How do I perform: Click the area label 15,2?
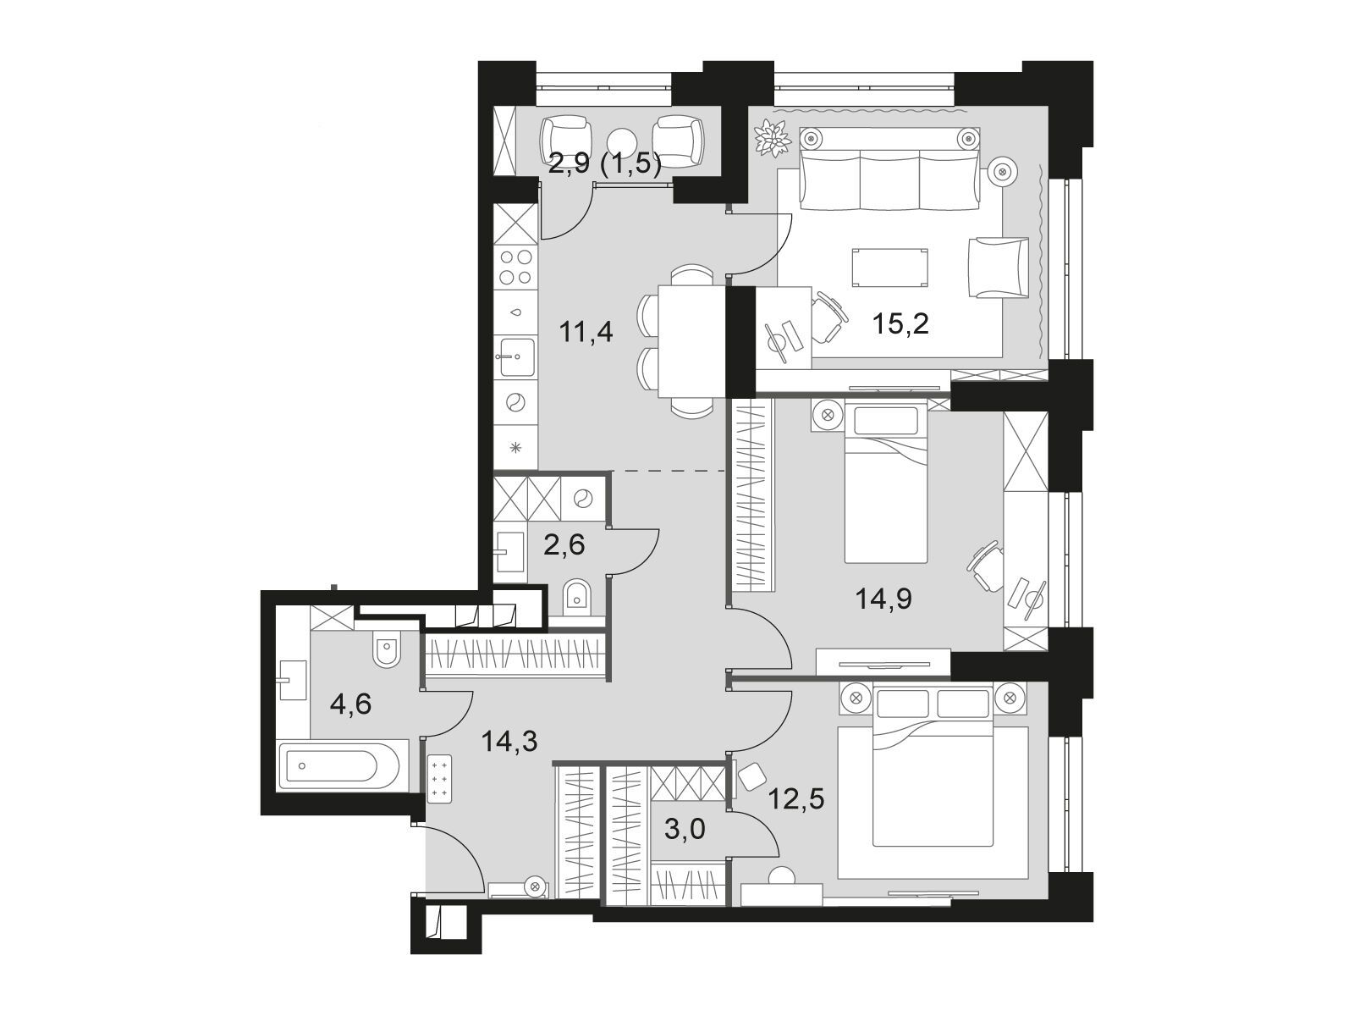[900, 323]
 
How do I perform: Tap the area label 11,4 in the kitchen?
[586, 332]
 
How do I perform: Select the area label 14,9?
[883, 598]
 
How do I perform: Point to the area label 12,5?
[795, 799]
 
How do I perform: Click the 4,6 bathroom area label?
[350, 704]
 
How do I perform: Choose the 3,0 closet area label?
[685, 830]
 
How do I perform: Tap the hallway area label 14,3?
[509, 741]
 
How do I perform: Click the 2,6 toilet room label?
[564, 545]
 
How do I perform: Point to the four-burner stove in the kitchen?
[515, 267]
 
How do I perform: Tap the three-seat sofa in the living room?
[889, 168]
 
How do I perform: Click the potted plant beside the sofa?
[773, 137]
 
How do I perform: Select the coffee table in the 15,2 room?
[889, 268]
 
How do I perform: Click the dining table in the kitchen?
[691, 341]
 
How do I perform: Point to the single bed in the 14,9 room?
[886, 481]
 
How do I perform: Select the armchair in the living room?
[998, 268]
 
